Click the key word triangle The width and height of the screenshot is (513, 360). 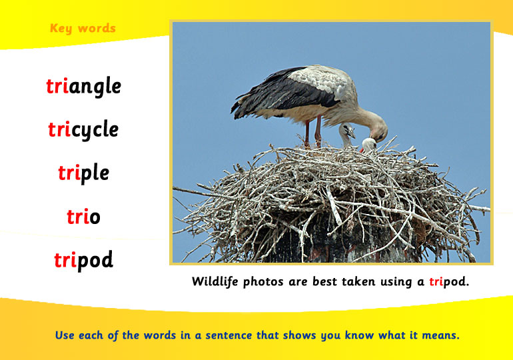point(84,87)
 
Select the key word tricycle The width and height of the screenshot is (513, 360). point(83,129)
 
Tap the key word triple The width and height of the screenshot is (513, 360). point(84,173)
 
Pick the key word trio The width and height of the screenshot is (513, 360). point(83,216)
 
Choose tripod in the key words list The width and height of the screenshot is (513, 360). point(84,260)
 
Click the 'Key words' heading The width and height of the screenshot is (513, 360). point(83,29)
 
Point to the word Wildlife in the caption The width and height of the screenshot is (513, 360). point(215,281)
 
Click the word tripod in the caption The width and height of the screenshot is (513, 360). point(449,282)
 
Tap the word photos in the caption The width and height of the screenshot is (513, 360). point(263,282)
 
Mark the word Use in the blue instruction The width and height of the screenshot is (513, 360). point(65,335)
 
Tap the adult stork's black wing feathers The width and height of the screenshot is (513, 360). point(281,93)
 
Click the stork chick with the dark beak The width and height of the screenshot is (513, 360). point(347,133)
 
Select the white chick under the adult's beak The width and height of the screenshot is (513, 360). point(368,145)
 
